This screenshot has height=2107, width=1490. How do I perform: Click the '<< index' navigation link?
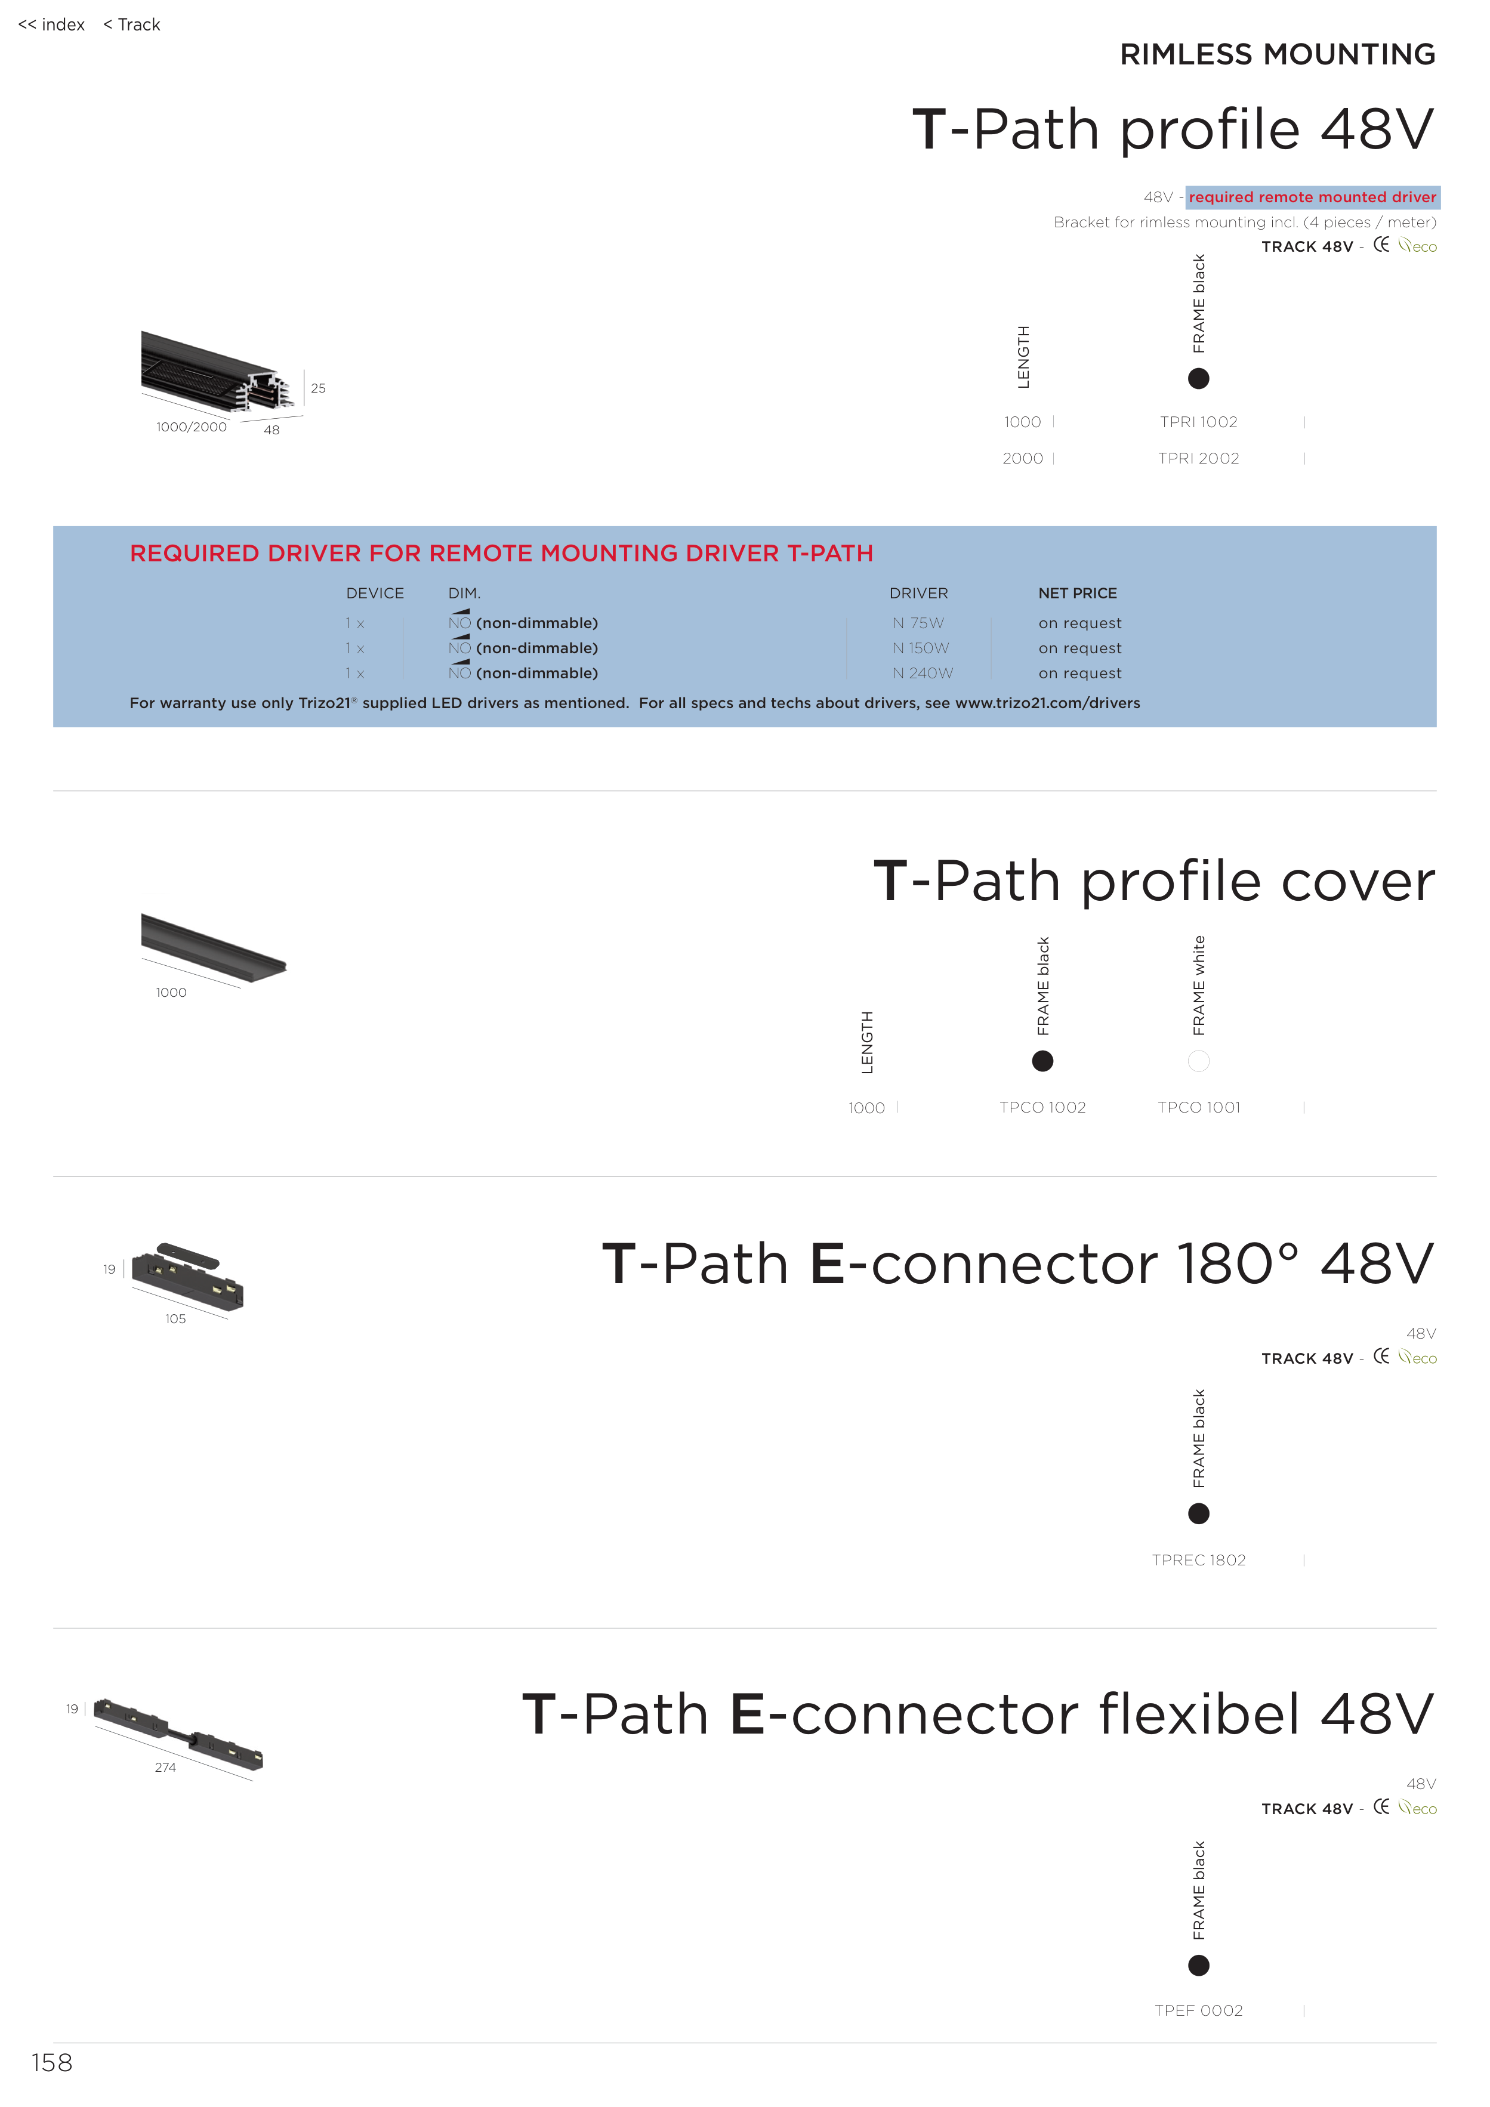(x=51, y=25)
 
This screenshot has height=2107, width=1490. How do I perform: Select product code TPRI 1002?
(x=1198, y=422)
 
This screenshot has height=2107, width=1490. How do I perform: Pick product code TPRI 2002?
(x=1198, y=458)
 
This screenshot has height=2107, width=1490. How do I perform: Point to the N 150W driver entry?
(x=920, y=648)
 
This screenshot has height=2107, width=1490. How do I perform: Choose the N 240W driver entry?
(x=922, y=673)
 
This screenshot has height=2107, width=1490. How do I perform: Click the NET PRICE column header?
(x=1077, y=593)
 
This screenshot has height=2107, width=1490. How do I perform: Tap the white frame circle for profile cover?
(x=1198, y=1061)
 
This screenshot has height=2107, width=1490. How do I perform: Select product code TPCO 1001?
(x=1198, y=1108)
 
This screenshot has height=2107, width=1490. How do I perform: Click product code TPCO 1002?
(x=1042, y=1108)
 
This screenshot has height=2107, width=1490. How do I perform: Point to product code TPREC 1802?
(x=1198, y=1560)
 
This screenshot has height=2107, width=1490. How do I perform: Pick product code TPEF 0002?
(x=1198, y=2010)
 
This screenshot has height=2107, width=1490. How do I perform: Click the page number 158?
(x=51, y=2063)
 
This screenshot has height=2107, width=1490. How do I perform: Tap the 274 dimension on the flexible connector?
(x=165, y=1768)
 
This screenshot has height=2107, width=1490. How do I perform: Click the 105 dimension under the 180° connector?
(x=175, y=1319)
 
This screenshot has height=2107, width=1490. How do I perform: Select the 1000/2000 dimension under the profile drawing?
(x=191, y=427)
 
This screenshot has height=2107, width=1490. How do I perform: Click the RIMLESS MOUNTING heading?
(x=1277, y=54)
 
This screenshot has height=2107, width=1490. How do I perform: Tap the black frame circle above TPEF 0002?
(x=1198, y=1965)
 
